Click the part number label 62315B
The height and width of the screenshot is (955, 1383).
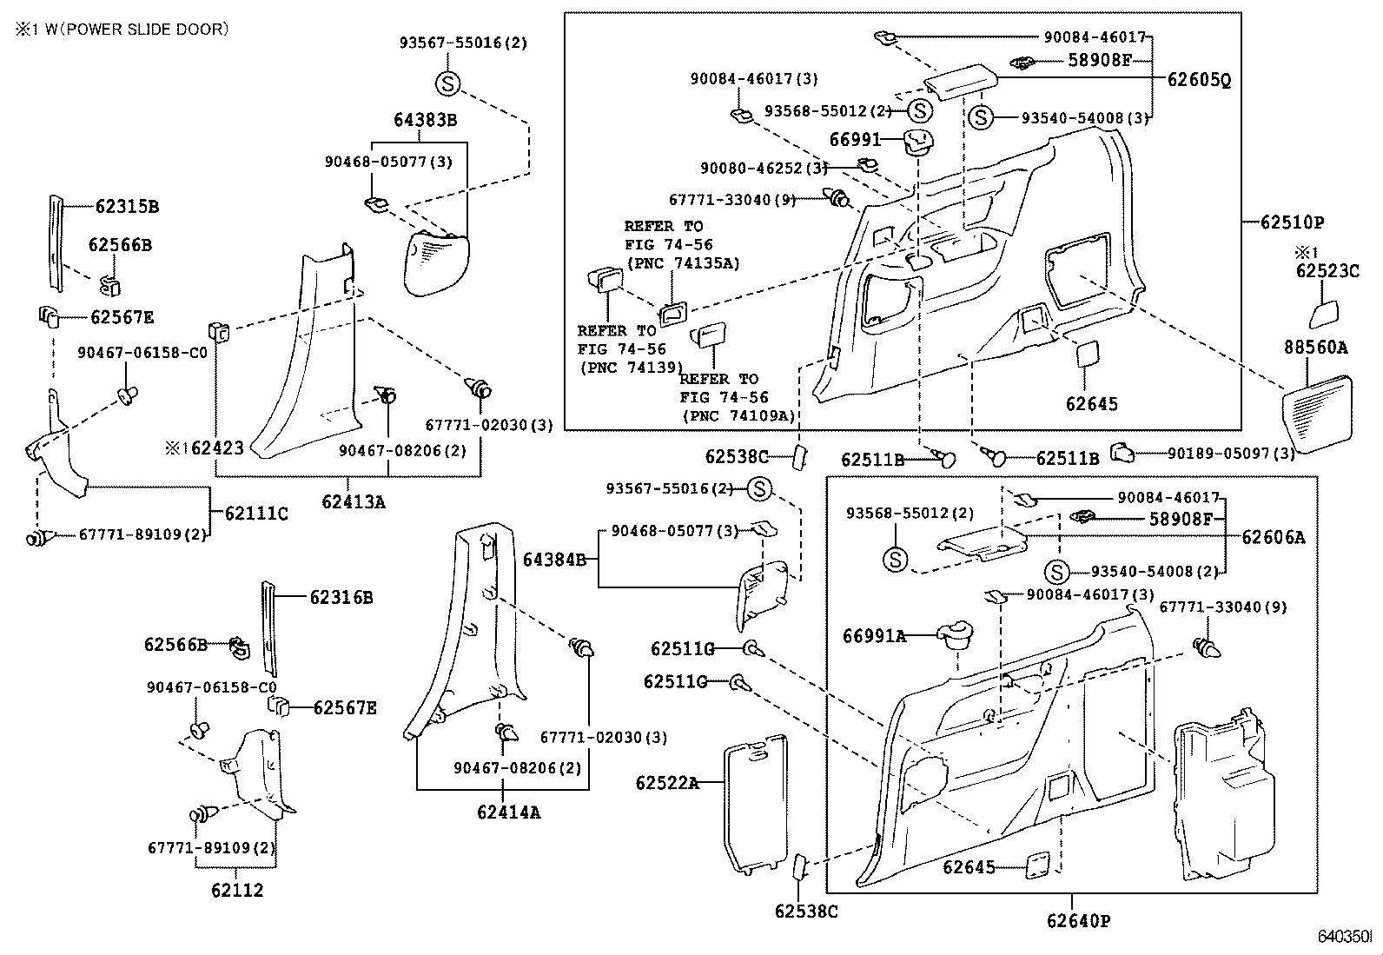[127, 207]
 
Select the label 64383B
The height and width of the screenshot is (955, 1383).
[425, 120]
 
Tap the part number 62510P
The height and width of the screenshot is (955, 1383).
[1292, 222]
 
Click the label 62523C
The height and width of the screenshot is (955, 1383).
[1327, 271]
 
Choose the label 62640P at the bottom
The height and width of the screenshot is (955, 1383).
[1078, 921]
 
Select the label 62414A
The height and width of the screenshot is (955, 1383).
[508, 812]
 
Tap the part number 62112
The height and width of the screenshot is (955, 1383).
[236, 890]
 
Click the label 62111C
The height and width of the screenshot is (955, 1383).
[256, 514]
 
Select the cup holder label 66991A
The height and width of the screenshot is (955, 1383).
[874, 637]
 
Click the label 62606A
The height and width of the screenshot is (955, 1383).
[1273, 538]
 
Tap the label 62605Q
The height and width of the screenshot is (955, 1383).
[1199, 81]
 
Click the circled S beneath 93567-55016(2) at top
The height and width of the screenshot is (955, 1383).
[447, 83]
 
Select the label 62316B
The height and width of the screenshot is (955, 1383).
[341, 598]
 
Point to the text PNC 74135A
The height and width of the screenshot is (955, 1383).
[682, 263]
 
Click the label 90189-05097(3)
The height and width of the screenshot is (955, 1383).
[1231, 453]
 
